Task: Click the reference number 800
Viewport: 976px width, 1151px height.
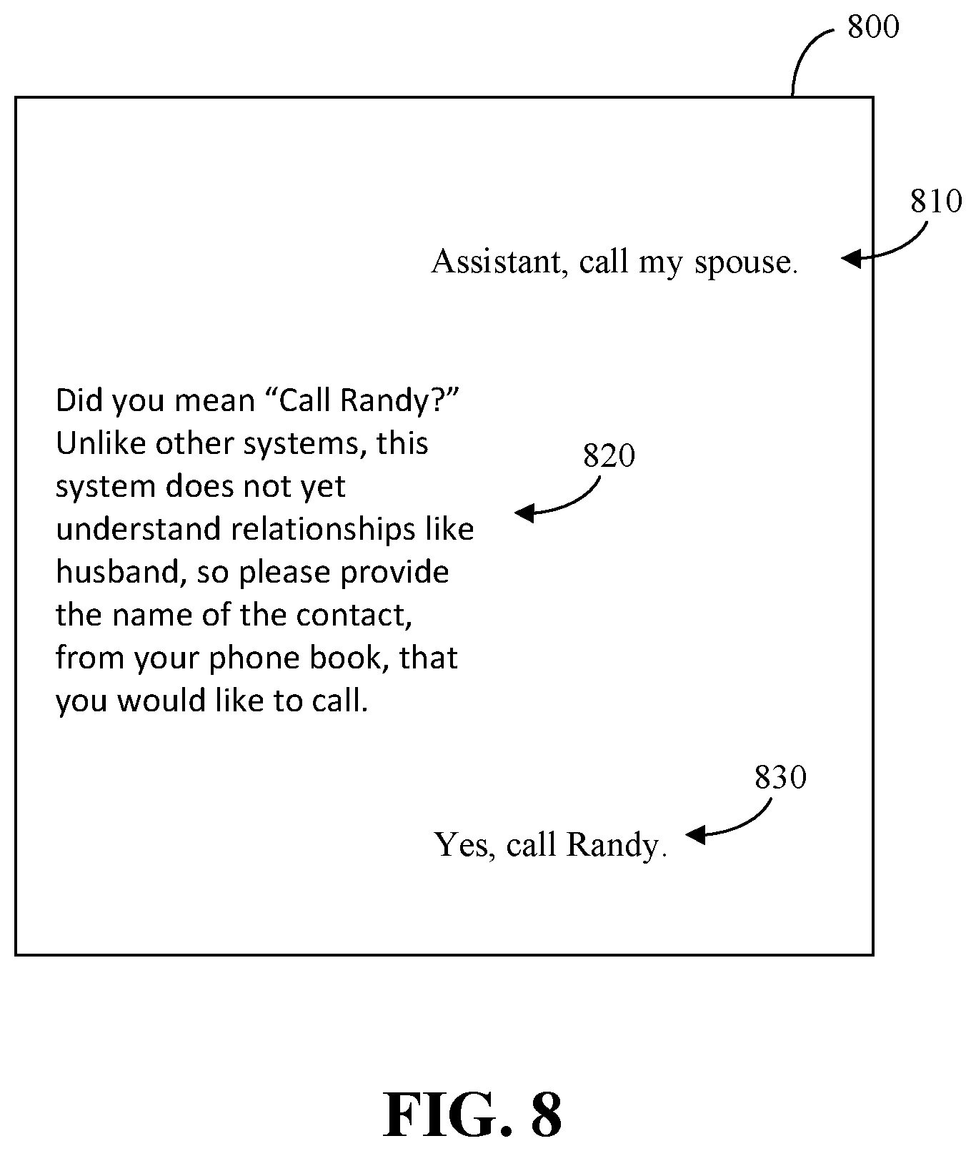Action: click(x=872, y=27)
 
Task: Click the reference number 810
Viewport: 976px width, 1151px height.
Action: click(x=936, y=202)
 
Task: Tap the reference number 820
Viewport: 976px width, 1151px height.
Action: click(x=609, y=455)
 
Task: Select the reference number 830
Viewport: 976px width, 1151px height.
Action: click(x=780, y=777)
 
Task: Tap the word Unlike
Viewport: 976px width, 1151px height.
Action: click(x=96, y=443)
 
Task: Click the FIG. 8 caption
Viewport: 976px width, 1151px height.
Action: click(x=473, y=1115)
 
